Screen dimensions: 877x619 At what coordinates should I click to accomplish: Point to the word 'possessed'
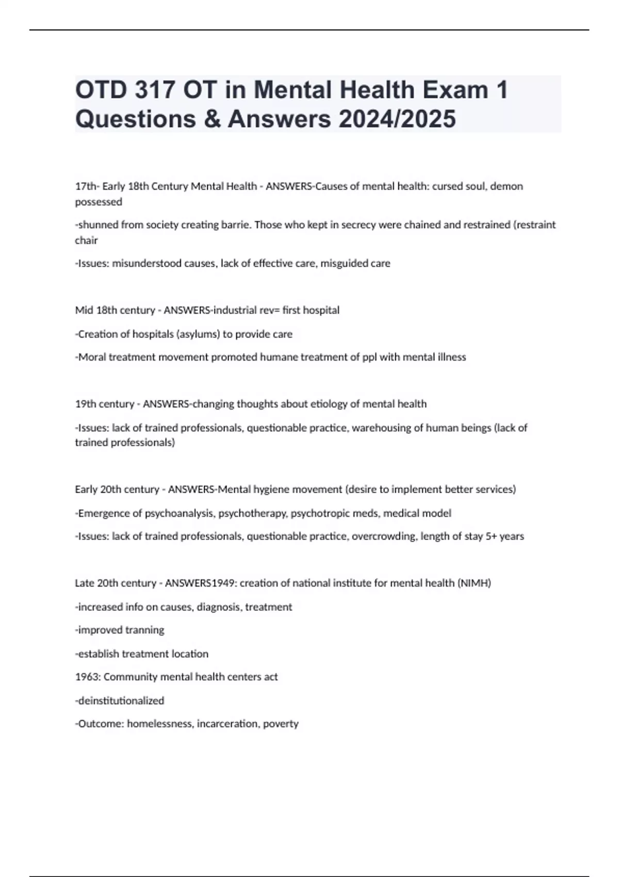99,202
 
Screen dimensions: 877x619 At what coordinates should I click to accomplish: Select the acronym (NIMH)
474,583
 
